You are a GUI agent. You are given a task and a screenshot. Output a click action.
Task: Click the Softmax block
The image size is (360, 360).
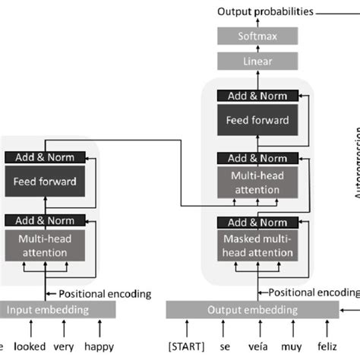pos(257,36)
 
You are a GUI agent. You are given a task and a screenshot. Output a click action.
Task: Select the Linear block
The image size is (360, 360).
pos(257,61)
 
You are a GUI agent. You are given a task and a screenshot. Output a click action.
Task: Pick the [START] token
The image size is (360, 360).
pos(186,346)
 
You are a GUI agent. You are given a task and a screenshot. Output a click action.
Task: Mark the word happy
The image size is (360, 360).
pos(99,346)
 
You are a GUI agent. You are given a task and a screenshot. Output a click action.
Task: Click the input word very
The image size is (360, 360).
pos(66,346)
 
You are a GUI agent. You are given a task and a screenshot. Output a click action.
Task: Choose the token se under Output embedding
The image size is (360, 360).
pos(226,346)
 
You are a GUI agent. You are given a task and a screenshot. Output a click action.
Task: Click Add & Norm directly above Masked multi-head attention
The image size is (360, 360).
pos(257,223)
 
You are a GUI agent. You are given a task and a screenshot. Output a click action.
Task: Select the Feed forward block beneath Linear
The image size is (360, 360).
pos(257,120)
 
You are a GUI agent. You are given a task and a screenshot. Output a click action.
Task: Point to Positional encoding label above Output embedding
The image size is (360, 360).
pos(311,292)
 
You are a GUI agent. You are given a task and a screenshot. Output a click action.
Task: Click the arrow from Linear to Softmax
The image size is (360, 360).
pos(257,49)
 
